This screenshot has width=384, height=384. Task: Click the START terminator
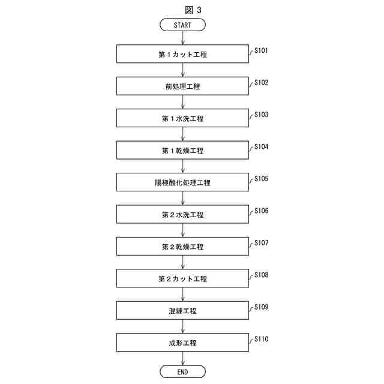182,25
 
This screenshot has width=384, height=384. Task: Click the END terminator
182,371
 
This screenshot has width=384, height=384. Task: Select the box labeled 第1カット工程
182,54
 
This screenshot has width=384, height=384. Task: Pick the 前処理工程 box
182,86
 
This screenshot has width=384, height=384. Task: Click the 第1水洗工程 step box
182,118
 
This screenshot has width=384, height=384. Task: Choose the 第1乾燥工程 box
182,151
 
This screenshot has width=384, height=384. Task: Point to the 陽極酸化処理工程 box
182,182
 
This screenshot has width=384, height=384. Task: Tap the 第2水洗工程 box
182,215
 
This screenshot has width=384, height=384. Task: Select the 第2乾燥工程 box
182,247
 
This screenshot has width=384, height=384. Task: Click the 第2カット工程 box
182,279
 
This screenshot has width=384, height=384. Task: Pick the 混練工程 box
182,311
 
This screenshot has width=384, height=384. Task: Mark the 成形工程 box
182,343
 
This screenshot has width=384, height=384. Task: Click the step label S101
261,50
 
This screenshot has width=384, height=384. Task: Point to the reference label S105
261,179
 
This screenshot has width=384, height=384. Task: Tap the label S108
261,275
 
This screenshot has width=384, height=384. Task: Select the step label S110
261,339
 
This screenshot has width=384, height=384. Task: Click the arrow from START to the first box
182,38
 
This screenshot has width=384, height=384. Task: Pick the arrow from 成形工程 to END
182,358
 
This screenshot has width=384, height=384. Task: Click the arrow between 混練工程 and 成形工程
182,327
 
